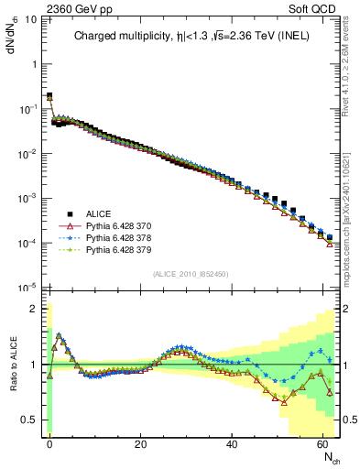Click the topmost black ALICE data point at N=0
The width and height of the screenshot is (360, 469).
[x=49, y=95]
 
